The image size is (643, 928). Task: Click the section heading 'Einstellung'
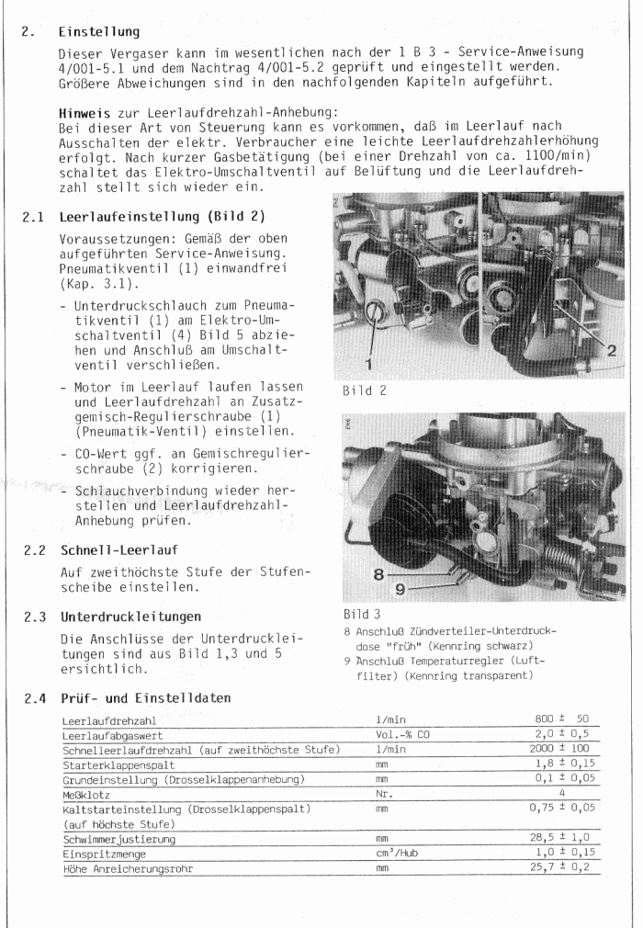pyautogui.click(x=98, y=32)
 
